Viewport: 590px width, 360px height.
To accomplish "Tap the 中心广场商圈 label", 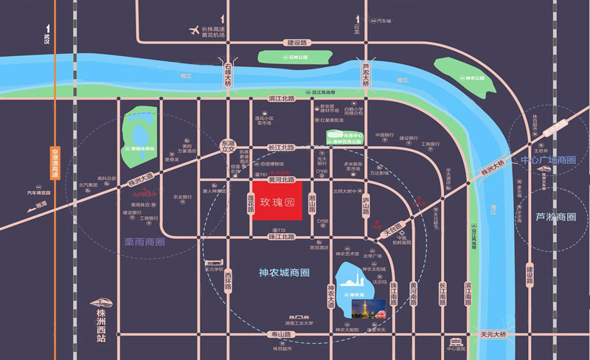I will pyautogui.click(x=548, y=159).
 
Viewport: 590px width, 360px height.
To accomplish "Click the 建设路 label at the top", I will pyautogui.click(x=301, y=42).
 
